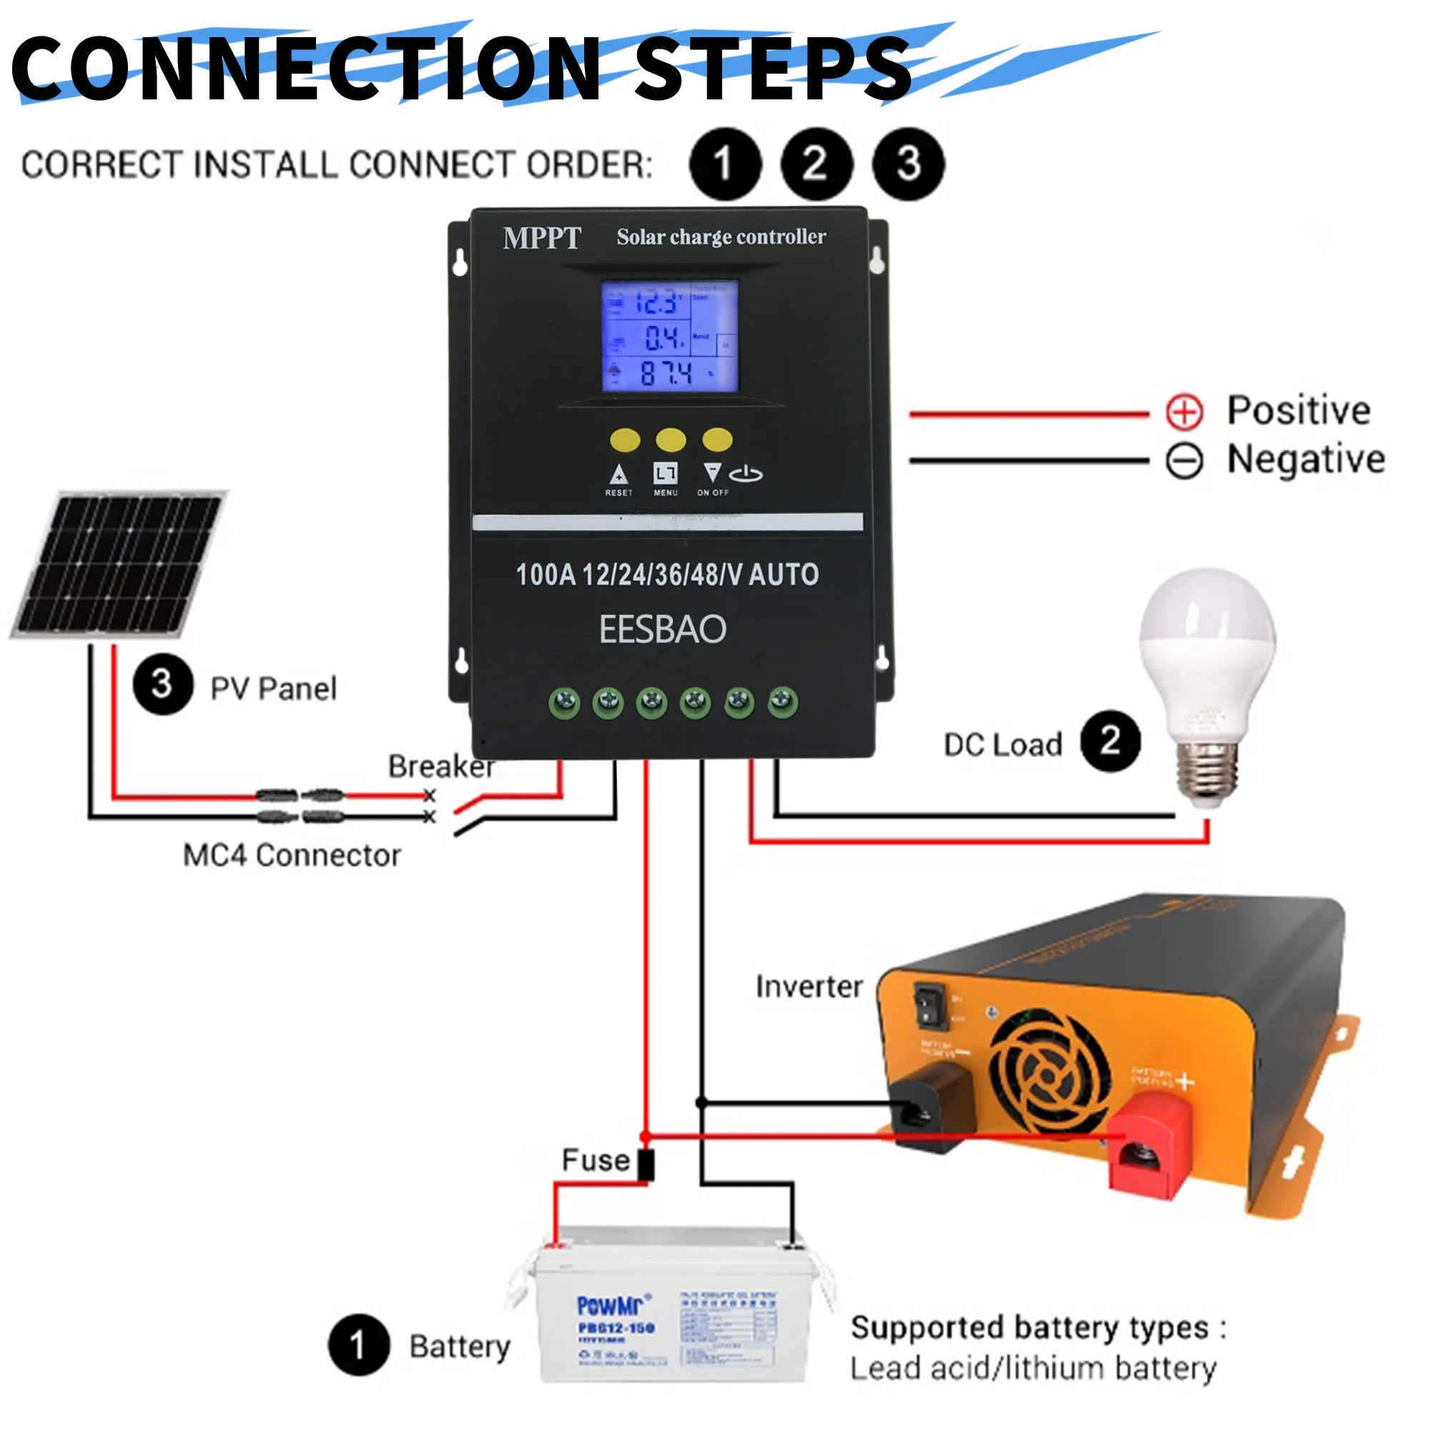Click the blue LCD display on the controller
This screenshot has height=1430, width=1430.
coord(669,336)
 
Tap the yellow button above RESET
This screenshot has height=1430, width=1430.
coord(625,440)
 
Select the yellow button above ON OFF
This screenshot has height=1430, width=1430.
coord(716,440)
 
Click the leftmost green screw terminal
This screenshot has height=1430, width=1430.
coord(565,701)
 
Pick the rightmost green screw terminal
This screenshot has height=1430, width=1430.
coord(783,701)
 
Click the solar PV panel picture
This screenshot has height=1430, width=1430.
coord(119,564)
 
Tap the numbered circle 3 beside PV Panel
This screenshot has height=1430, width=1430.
coord(163,684)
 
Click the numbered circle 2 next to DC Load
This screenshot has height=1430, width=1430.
coord(1110,741)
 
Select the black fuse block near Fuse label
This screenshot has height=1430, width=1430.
coord(646,1164)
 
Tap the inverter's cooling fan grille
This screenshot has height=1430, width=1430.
coord(1050,1071)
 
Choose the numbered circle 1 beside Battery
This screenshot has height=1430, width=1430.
coord(359,1345)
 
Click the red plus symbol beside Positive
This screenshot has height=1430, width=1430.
coord(1184,412)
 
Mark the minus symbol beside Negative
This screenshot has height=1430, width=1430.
coord(1184,461)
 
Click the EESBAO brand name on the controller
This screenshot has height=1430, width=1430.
coord(663,629)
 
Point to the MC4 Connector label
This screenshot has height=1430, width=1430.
coord(292,856)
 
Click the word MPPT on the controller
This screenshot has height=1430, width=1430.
coord(542,238)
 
